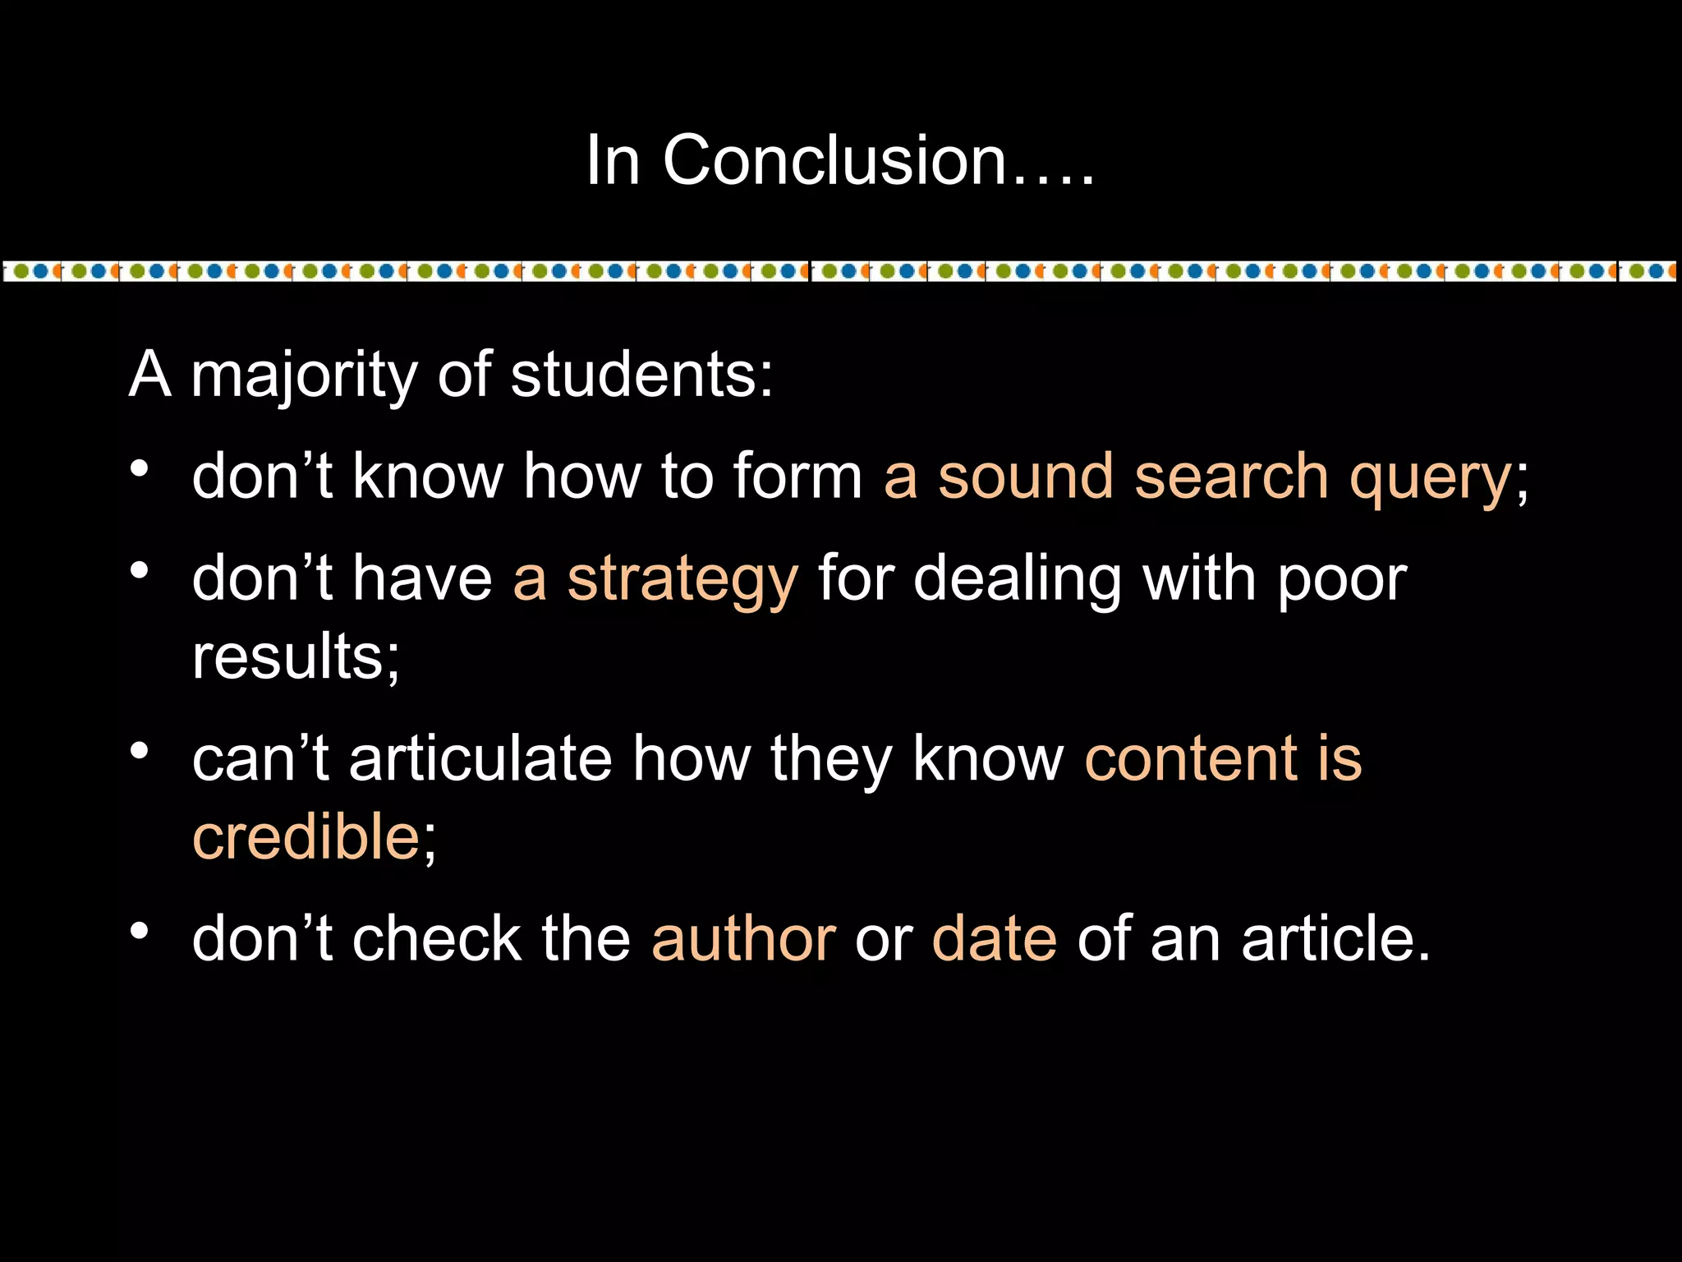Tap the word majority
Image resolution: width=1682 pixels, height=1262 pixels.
(304, 375)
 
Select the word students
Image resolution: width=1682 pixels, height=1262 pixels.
(641, 375)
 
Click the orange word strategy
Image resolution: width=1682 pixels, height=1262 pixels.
(682, 580)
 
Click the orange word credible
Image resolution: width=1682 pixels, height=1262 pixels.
(306, 836)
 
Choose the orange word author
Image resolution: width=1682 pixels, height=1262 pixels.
(743, 938)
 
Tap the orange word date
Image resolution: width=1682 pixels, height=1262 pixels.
(994, 938)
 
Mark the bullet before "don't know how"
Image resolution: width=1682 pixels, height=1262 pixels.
(140, 468)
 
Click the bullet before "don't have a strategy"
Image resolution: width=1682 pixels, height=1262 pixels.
(140, 570)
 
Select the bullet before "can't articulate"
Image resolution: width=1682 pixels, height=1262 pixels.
(140, 750)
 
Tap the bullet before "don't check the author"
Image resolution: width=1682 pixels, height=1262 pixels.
(140, 930)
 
